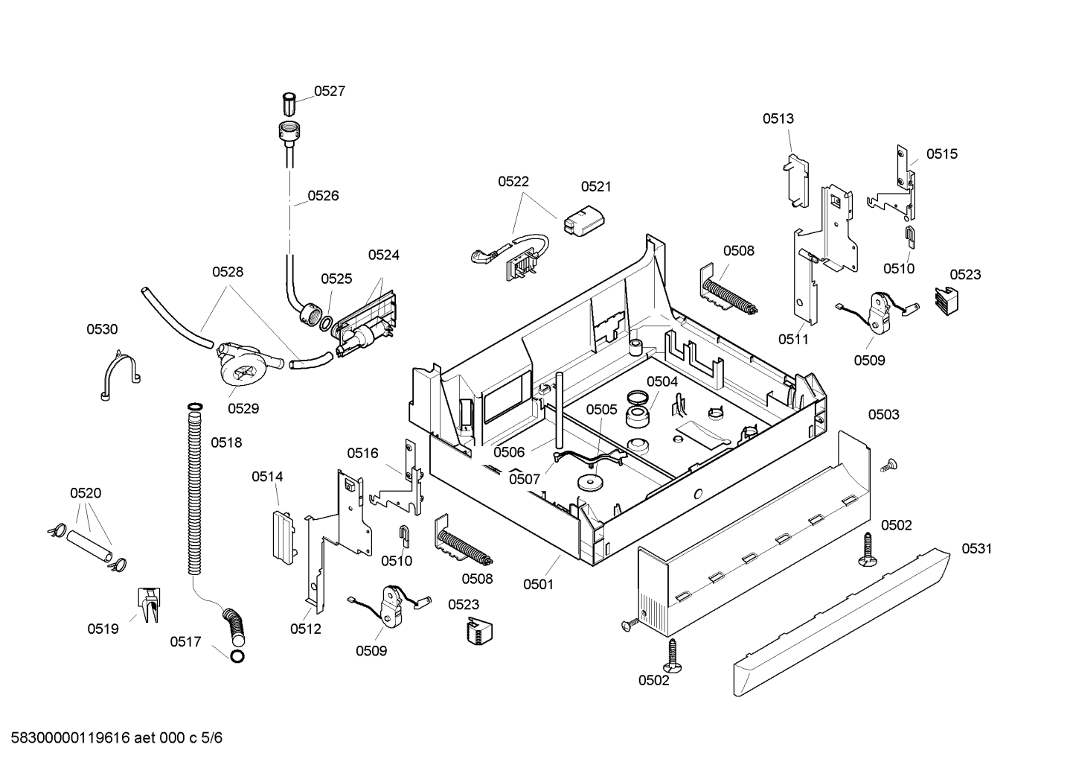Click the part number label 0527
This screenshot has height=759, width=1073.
click(330, 91)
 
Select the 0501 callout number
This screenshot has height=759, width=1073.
click(539, 585)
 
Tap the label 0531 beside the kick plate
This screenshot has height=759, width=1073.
click(977, 548)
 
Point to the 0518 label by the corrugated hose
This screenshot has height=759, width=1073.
click(226, 442)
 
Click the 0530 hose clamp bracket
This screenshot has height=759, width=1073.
click(120, 375)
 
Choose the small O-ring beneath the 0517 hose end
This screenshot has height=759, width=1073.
click(237, 656)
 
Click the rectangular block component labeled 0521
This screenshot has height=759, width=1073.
click(584, 221)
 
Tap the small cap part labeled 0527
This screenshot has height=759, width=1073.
click(288, 104)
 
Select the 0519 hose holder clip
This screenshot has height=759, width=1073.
click(149, 605)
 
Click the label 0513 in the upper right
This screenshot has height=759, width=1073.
click(778, 118)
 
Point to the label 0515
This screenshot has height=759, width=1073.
click(942, 154)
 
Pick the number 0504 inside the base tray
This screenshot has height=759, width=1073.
click(662, 381)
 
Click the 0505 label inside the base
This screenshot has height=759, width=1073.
click(602, 410)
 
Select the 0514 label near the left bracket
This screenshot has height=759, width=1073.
click(267, 477)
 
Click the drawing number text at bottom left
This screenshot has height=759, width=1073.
click(117, 737)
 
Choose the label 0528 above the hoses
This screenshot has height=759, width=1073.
click(228, 272)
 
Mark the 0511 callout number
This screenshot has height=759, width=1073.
click(793, 340)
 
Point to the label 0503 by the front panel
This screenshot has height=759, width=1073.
click(884, 414)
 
